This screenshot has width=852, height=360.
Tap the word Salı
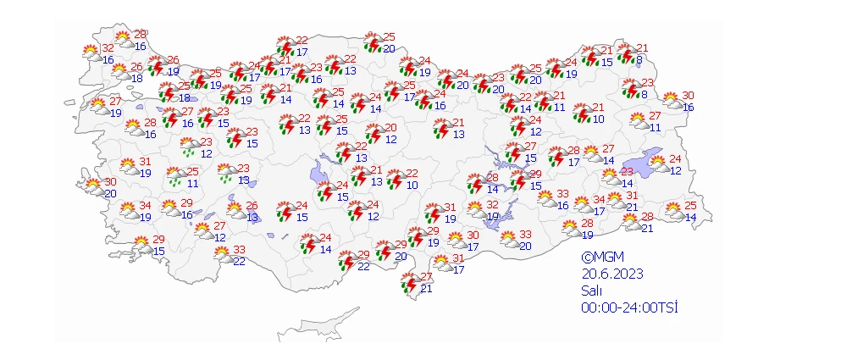pyautogui.click(x=592, y=290)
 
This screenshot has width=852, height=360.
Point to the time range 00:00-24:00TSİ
pyautogui.click(x=630, y=307)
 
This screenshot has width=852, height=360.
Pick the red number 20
pyautogui.click(x=390, y=128)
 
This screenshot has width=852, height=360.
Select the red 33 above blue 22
pyautogui.click(x=240, y=250)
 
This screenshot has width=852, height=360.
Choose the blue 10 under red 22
pyautogui.click(x=412, y=185)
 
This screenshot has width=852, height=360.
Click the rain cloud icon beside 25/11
pyautogui.click(x=176, y=176)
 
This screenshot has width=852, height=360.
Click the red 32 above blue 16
pyautogui.click(x=108, y=49)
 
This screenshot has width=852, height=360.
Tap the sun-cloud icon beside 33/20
pyautogui.click(x=509, y=240)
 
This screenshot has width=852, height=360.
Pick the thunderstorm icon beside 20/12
pyautogui.click(x=373, y=133)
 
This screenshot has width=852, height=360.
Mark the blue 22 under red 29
pyautogui.click(x=363, y=266)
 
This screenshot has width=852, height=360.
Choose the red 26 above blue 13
pyautogui.click(x=252, y=206)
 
